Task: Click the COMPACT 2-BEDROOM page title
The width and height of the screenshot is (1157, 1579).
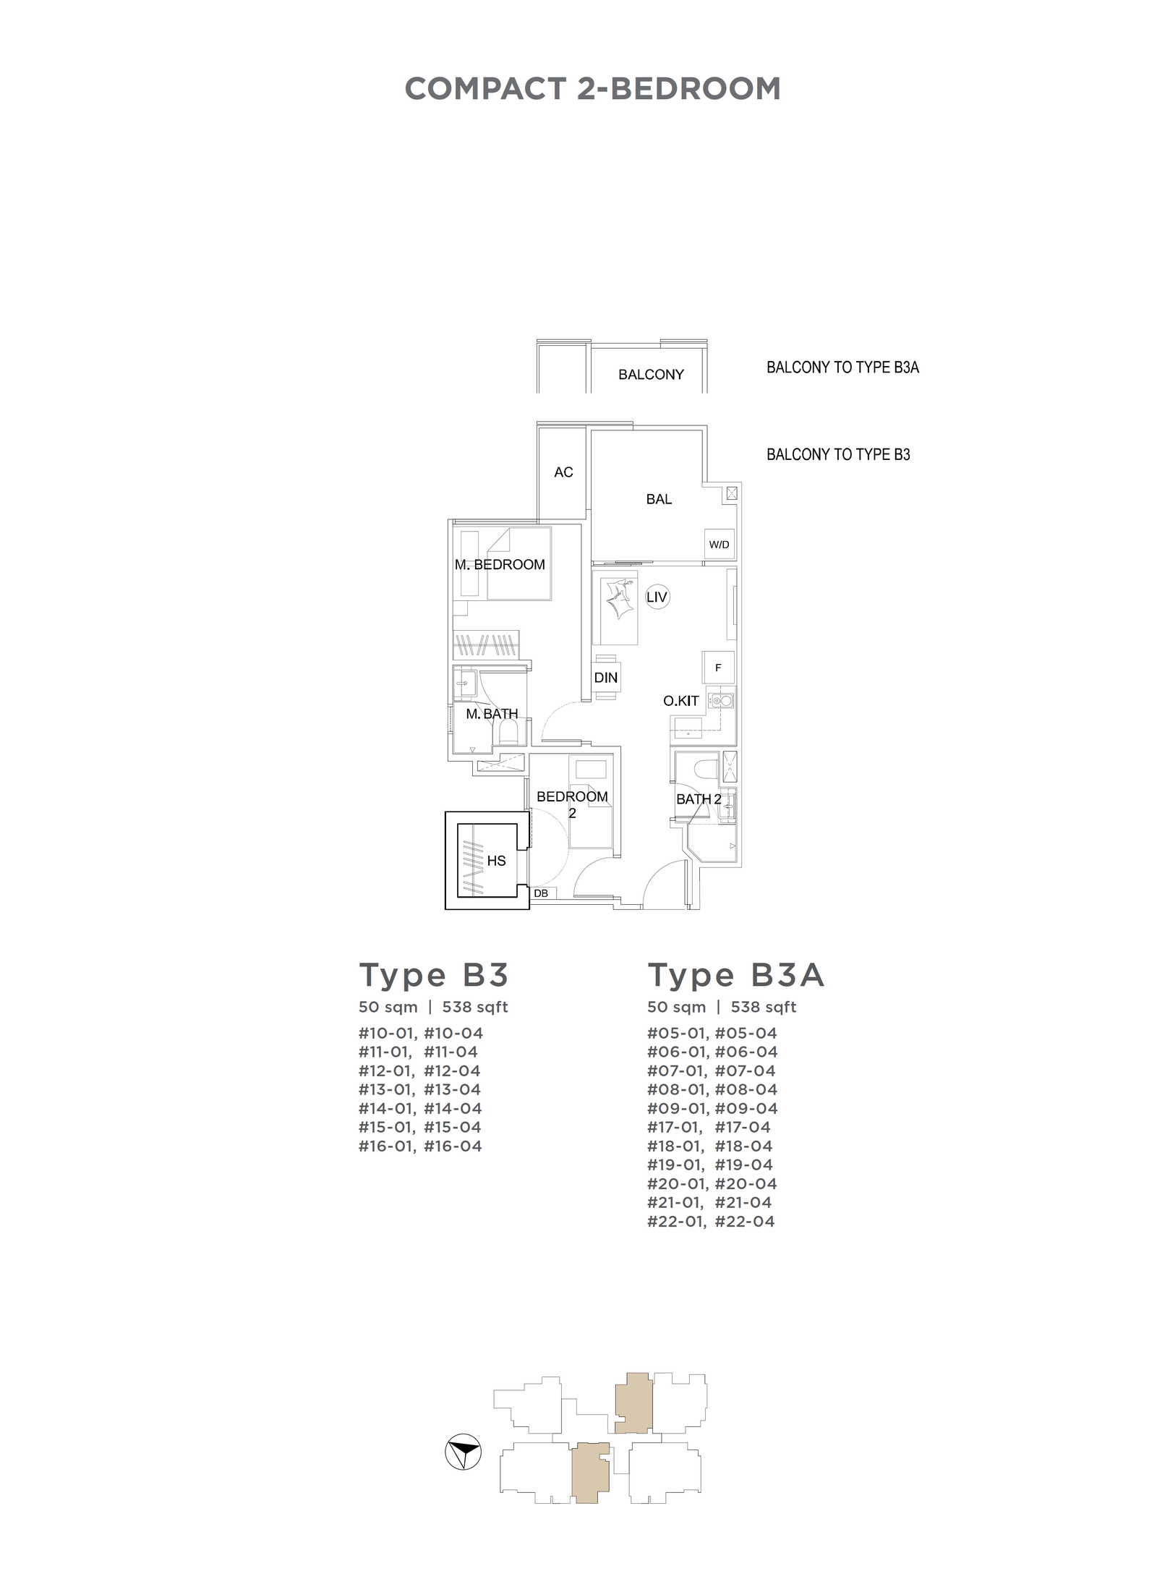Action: pos(592,89)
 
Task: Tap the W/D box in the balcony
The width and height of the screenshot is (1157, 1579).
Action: pos(719,544)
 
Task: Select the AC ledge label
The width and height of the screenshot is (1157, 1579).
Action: pos(563,472)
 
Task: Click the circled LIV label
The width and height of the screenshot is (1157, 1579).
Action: pos(657,597)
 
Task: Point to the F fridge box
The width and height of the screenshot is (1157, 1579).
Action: pos(718,668)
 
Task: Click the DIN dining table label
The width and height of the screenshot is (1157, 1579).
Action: pos(606,678)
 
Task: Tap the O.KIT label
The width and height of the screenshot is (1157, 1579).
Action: pos(681,701)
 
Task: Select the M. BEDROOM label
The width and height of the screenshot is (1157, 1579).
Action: pos(500,565)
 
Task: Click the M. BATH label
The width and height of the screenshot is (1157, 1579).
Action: pos(492,714)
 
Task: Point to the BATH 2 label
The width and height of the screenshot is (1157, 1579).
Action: pos(699,799)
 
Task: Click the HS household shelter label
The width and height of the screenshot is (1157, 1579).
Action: pos(496,861)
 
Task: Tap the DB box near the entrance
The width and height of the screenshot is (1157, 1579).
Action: pos(542,893)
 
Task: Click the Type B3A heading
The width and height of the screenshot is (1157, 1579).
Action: pos(735,976)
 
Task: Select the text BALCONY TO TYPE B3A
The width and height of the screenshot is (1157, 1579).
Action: pos(842,367)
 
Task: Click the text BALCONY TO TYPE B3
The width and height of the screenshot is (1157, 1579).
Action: pos(838,455)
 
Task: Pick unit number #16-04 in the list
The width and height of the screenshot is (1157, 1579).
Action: pos(453,1146)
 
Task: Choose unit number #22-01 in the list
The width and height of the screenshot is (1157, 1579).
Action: pos(676,1222)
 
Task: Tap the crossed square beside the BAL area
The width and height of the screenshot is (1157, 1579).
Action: pos(732,493)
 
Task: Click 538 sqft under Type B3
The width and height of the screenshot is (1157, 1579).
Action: pos(475,1008)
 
